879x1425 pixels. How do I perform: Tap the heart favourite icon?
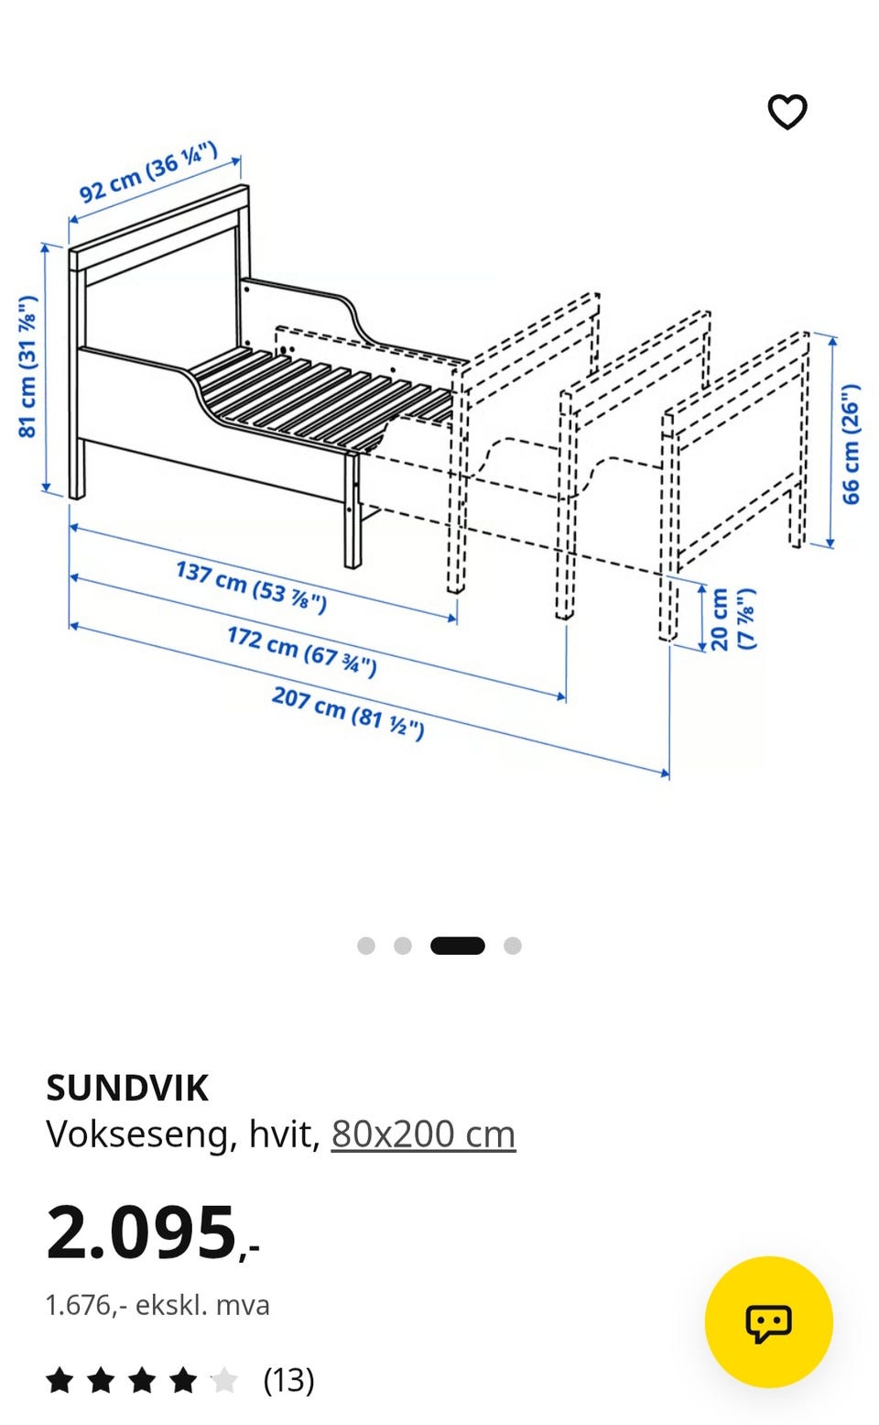tap(787, 111)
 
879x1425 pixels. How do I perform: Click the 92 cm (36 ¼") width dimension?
tap(148, 172)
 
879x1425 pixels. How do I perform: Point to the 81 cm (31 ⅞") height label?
tap(27, 367)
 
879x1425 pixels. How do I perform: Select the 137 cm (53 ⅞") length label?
tap(251, 586)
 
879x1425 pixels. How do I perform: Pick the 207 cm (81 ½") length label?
tap(348, 713)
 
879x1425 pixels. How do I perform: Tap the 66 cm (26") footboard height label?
tap(851, 444)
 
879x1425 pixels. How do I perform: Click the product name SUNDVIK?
tap(127, 1089)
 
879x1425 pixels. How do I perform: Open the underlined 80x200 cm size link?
tap(423, 1135)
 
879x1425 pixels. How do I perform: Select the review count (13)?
tap(288, 1380)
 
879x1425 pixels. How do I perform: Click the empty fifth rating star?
tap(223, 1380)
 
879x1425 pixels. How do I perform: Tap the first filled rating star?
tap(60, 1380)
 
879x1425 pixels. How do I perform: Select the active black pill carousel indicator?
tap(458, 946)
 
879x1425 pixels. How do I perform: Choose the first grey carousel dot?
tap(366, 946)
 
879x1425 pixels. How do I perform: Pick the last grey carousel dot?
tap(513, 946)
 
